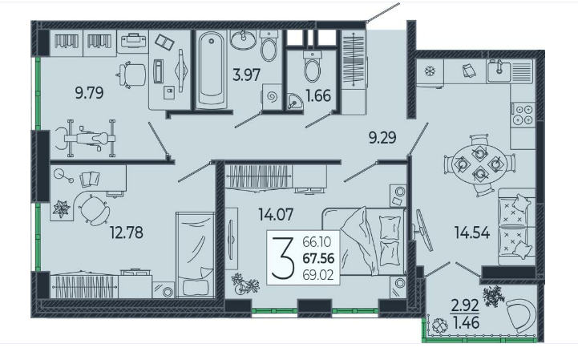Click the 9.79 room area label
point(89,93)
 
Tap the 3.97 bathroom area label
point(247,75)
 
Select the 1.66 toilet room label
point(318,96)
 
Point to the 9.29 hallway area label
point(382,137)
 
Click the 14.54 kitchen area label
point(472,233)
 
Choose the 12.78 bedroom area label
point(127,233)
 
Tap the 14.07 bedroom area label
point(276,214)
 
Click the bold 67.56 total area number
point(318,258)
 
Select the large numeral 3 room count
point(283,258)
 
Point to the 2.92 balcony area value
point(465,305)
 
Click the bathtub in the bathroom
point(211,70)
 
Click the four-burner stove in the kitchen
point(523,115)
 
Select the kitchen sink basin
point(499,71)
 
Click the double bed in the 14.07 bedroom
point(364,241)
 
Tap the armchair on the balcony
point(522,316)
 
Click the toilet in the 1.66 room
point(312,67)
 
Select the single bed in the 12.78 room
point(195,254)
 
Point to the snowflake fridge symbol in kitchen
point(430,71)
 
